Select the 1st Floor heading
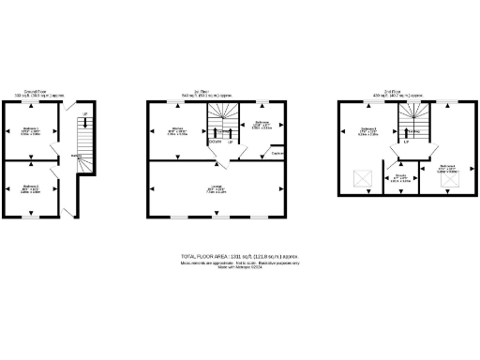tap(221, 91)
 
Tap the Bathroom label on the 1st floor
tap(262, 123)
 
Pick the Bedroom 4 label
tap(446, 169)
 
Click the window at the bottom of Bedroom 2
tap(31, 217)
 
